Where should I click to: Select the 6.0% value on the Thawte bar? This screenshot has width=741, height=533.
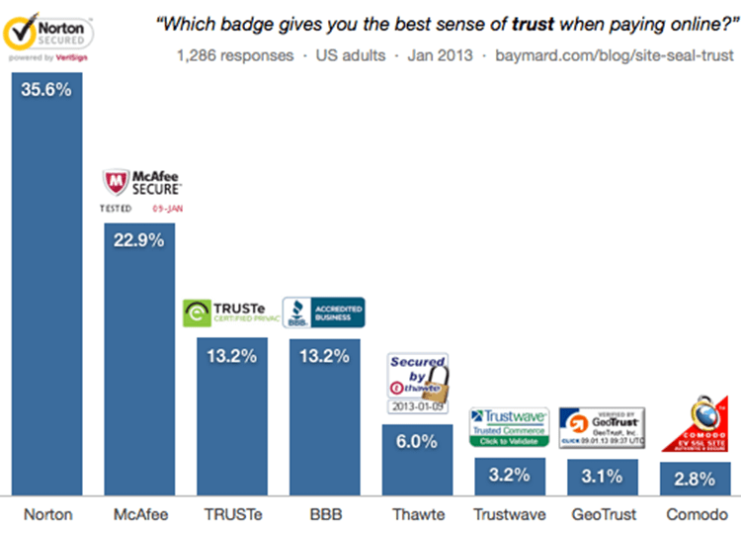coord(417,441)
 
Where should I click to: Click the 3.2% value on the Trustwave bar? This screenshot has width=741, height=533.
coord(509,476)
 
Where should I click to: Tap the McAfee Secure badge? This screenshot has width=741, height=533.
coord(142,192)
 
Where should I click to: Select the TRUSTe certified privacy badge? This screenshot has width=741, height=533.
coord(231,312)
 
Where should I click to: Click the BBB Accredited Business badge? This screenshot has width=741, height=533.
coord(323,312)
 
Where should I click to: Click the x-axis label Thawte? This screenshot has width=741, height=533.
coord(417,514)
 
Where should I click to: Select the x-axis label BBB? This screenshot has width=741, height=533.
coord(324,514)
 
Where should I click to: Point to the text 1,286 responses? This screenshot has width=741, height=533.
coord(234,55)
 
